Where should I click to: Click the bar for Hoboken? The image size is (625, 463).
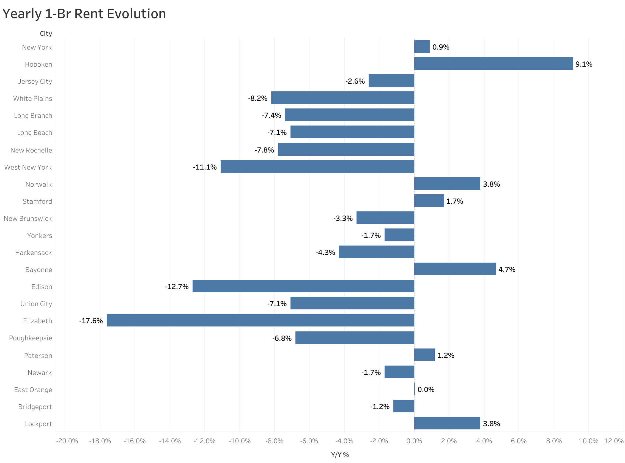point(494,64)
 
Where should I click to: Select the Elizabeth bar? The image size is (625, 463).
point(260,320)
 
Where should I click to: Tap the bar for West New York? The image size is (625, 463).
point(317,167)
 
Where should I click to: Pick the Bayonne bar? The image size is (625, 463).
point(455,269)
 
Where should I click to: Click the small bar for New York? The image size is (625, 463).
point(422,47)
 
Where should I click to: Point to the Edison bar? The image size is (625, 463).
point(303,286)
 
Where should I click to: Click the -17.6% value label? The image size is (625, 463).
point(91,321)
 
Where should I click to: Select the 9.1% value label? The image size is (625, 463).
point(583,64)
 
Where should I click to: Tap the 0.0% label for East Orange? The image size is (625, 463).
point(426,390)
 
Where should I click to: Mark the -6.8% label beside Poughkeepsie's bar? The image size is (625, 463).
point(282,338)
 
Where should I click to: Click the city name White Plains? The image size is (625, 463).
point(32,98)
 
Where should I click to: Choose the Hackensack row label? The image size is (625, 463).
point(33,253)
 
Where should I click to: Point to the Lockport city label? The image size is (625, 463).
point(38,424)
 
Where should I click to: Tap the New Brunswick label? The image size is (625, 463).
point(28,219)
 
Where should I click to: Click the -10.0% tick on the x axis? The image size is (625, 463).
point(239,441)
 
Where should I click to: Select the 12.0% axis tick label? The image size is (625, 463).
point(613,441)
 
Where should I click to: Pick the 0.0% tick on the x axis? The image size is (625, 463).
point(414,441)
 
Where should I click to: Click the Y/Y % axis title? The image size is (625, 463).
point(340,454)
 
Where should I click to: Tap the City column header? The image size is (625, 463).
point(46,34)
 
